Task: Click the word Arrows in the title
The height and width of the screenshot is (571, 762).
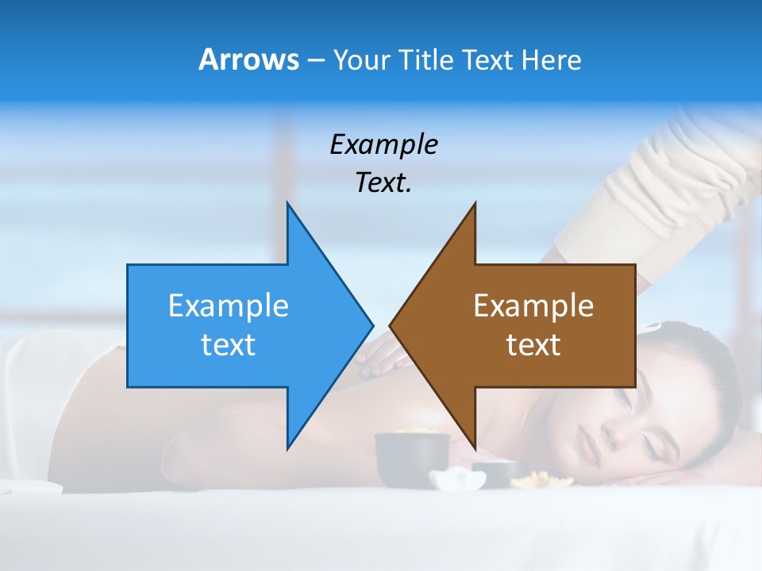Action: pyautogui.click(x=248, y=59)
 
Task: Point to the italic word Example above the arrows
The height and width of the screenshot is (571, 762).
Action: pyautogui.click(x=383, y=145)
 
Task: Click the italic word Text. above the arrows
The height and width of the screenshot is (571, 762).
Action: pyautogui.click(x=383, y=183)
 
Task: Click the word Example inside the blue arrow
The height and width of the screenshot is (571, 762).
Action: pyautogui.click(x=228, y=306)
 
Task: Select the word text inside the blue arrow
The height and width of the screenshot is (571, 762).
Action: pyautogui.click(x=228, y=345)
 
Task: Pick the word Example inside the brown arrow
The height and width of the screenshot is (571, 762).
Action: pyautogui.click(x=533, y=306)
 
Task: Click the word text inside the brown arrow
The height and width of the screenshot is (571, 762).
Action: pyautogui.click(x=533, y=345)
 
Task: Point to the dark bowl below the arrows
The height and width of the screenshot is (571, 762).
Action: pyautogui.click(x=411, y=459)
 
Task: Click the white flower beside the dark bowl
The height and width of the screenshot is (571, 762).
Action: pyautogui.click(x=457, y=478)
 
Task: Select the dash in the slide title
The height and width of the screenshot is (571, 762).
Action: pyautogui.click(x=314, y=60)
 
